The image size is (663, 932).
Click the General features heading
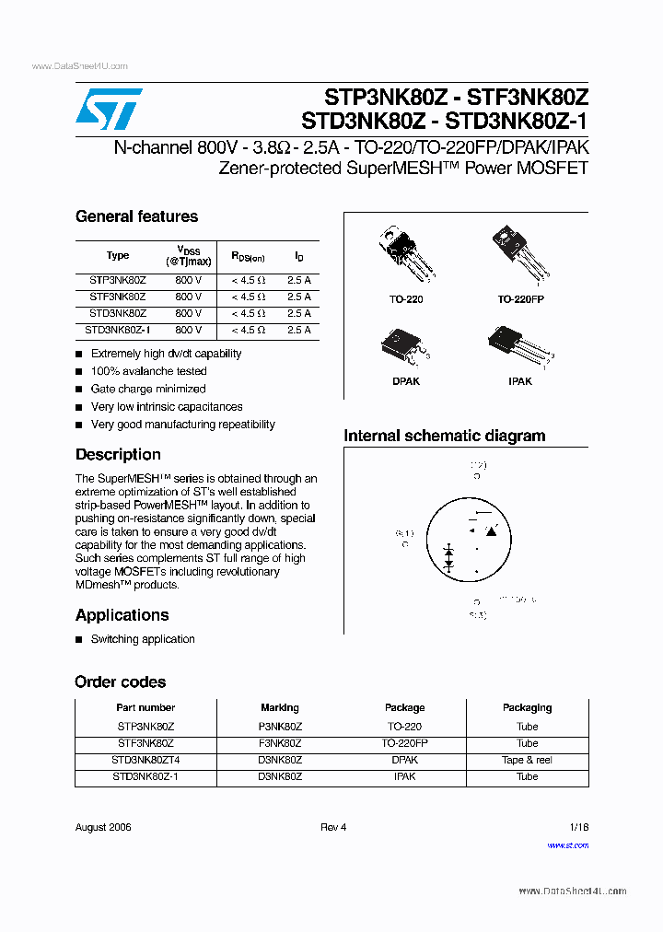pos(136,217)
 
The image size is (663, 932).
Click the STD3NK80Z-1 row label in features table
pos(118,330)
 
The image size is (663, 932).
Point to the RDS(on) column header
pos(248,257)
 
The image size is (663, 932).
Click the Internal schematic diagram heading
pos(445,437)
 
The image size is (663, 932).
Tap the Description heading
pos(118,455)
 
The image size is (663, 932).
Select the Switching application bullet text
pos(143,639)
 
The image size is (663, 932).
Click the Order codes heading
pos(121,682)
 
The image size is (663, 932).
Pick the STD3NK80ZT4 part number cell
pos(145,760)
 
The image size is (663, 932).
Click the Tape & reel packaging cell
pos(527,760)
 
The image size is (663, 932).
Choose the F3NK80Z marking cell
pos(280,743)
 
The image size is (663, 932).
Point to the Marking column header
pos(280,708)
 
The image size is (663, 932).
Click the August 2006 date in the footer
pos(103,827)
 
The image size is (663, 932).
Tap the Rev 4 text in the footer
pos(333,827)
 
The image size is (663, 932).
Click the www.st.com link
pos(567,845)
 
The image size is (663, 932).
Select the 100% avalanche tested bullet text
pos(148,371)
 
